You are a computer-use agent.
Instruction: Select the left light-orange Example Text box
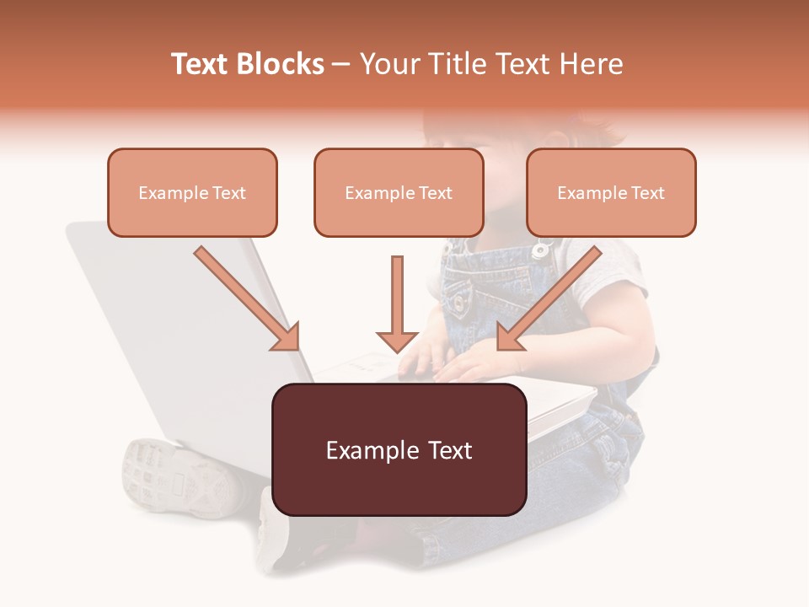click(192, 192)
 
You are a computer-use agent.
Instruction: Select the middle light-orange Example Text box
click(399, 192)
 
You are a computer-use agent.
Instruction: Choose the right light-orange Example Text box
click(611, 192)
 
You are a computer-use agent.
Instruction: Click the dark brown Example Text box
click(399, 449)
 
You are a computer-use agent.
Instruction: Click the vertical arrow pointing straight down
click(397, 304)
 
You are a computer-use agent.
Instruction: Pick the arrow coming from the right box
click(549, 298)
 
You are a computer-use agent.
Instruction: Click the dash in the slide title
click(341, 65)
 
